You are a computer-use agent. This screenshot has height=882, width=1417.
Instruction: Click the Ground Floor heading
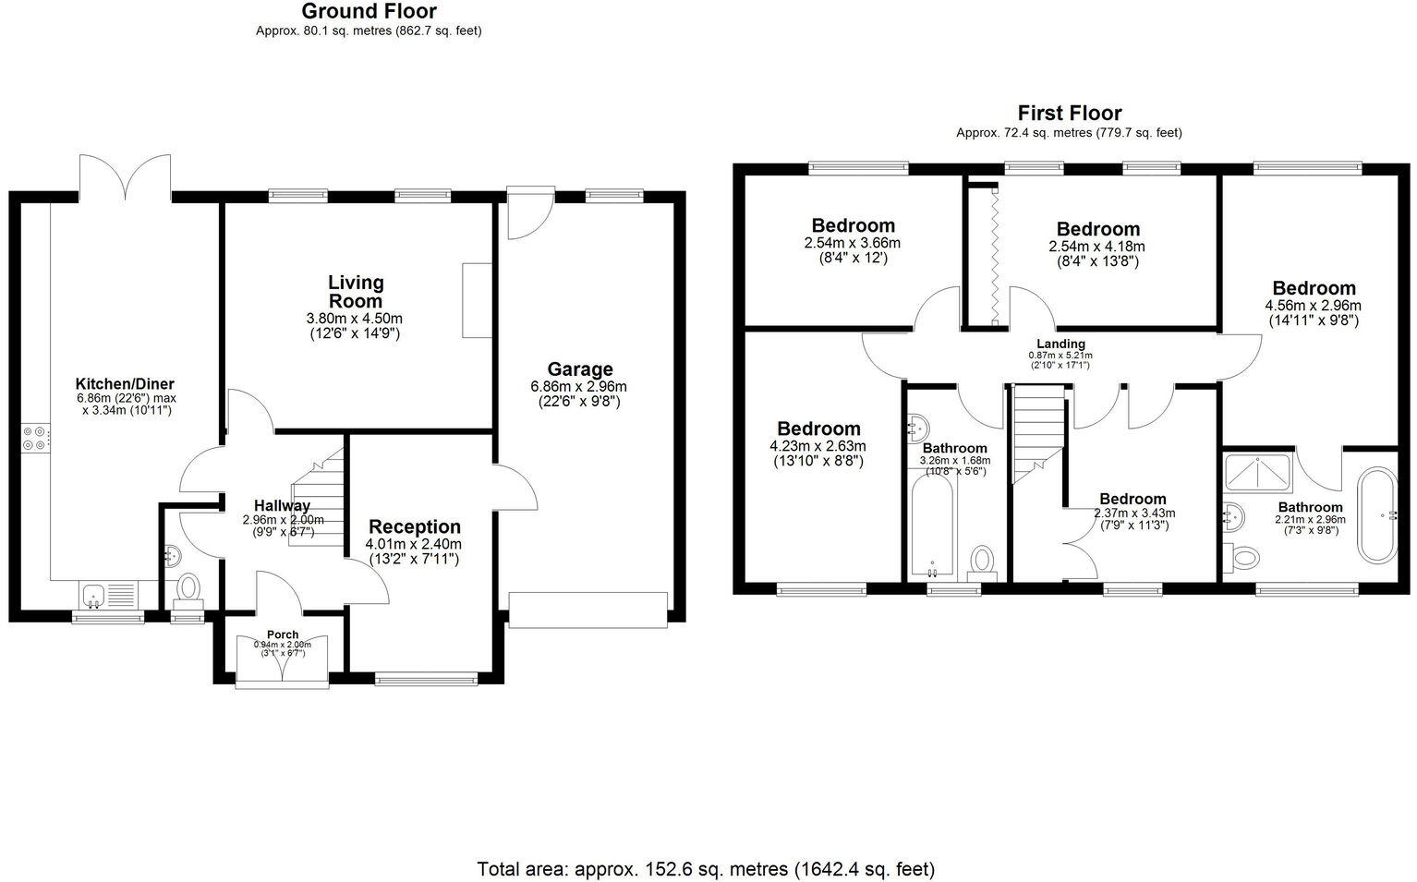369,12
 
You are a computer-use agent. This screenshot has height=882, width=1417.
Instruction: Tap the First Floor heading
1069,114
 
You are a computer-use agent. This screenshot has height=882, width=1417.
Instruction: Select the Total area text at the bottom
706,869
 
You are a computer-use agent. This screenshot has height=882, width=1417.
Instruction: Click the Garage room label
579,369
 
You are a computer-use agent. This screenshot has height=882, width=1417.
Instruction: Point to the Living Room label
356,291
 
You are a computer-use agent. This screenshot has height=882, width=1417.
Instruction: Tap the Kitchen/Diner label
125,384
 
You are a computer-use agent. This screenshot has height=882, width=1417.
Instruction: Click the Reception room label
414,527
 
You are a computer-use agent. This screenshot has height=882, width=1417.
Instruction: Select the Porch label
283,634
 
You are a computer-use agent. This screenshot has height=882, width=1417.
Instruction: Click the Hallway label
283,505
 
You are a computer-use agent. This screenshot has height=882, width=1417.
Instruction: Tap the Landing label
1060,344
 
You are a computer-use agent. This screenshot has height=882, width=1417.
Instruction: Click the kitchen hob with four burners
34,437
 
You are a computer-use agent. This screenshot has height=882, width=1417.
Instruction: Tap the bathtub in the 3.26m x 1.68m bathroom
932,527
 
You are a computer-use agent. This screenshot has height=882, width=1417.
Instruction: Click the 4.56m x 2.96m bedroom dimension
1313,306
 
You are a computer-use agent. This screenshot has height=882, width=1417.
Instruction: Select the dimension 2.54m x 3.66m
853,243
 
